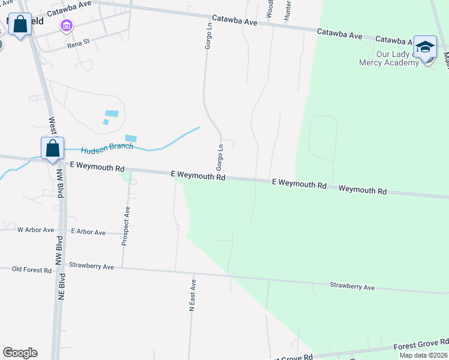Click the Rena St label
pos(78,43)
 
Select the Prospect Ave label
pos(126,226)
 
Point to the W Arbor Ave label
pos(35,230)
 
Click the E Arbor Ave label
pos(88,232)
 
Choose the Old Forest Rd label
pos(32,270)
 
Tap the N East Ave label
pos(193,295)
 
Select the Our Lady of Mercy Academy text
pos(388,58)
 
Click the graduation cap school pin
pos(425,47)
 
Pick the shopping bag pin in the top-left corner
pos(21,25)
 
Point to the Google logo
pos(20,353)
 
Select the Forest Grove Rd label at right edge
pos(421,346)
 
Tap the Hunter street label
pos(288,10)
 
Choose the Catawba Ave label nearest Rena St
pos(68,11)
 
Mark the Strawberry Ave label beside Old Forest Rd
pos(91,266)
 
